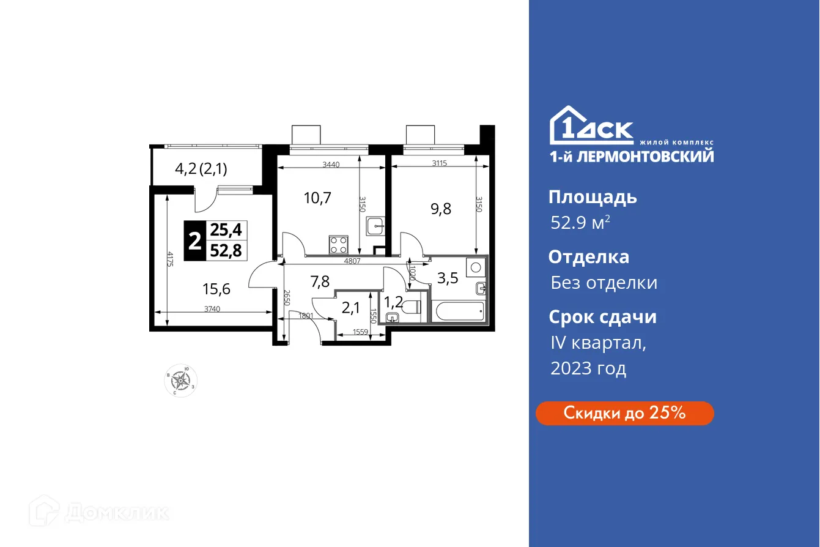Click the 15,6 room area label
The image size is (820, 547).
217,288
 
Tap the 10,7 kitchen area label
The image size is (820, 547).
317,198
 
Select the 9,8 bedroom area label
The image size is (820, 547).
440,209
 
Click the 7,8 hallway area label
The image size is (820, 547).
320,282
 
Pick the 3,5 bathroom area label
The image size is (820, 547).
448,279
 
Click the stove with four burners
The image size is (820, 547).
339,245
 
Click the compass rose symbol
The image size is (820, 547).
180,381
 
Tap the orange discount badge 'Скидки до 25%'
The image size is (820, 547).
624,413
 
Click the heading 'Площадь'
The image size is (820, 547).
593,197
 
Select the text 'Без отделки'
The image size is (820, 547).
604,283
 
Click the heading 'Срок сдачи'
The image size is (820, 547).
602,317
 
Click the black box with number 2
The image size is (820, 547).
194,240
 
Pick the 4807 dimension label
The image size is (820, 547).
352,260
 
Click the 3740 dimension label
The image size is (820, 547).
212,309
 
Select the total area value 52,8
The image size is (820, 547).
226,250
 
